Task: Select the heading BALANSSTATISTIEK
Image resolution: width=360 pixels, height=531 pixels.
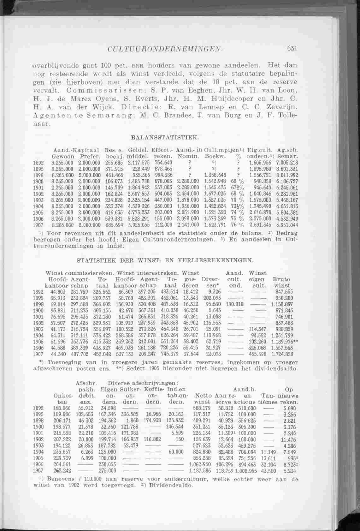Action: (164, 137)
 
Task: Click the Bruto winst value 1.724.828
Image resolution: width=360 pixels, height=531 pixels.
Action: (282, 354)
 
